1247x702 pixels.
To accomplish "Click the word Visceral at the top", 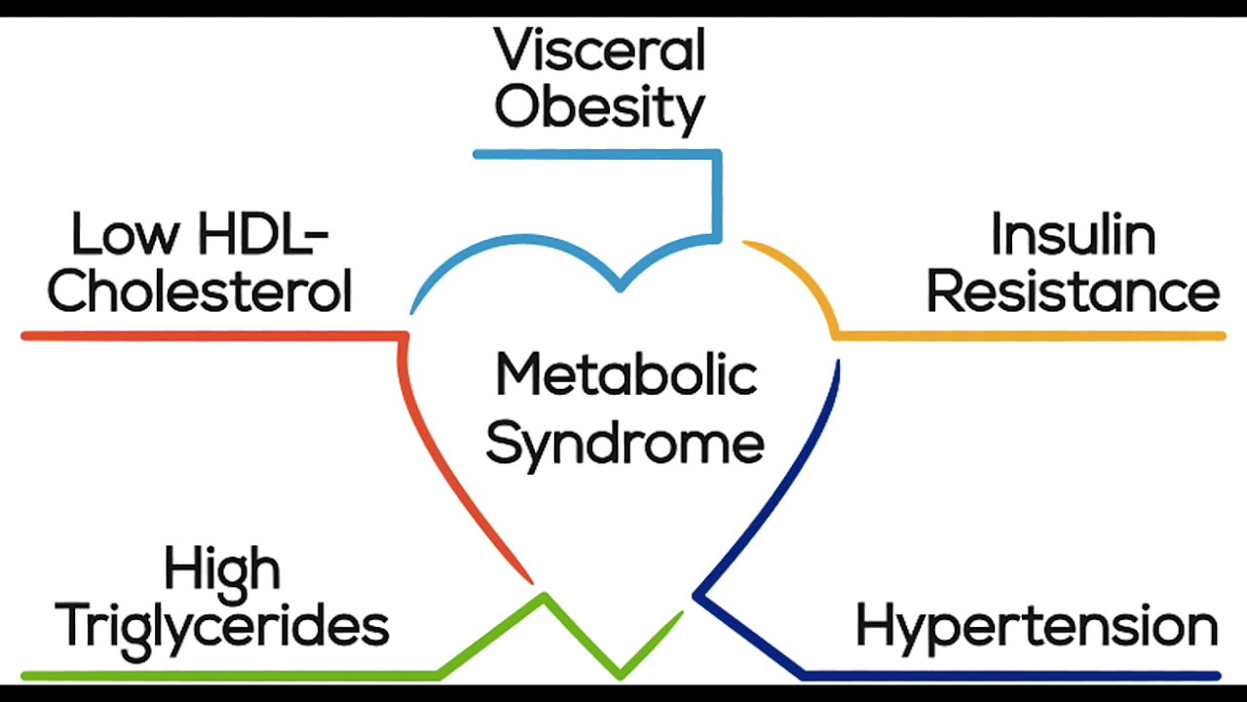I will (599, 51).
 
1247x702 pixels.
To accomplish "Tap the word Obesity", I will (599, 107).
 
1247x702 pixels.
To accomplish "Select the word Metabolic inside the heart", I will (625, 375).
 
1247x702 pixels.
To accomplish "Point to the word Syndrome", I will (624, 444).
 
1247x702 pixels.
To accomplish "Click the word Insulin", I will (1073, 236).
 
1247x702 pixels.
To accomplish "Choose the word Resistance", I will (1073, 292).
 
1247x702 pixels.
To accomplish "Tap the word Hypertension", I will (1037, 625).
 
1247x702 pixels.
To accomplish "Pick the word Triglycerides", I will (222, 625).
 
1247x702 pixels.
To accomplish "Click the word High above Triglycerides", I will (222, 568).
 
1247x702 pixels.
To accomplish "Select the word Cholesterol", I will (200, 292).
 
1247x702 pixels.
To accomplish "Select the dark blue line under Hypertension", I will (1013, 675).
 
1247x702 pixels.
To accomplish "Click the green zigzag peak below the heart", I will (544, 596).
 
